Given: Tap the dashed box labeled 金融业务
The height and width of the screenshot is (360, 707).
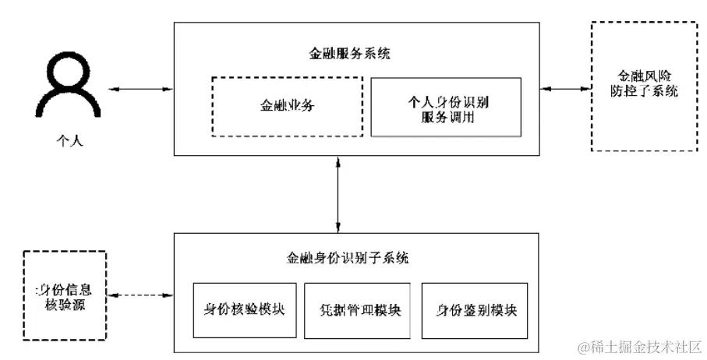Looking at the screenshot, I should tap(288, 107).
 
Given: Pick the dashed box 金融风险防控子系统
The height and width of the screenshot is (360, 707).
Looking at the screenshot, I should tap(644, 86).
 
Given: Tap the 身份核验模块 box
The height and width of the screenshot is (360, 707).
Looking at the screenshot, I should tap(244, 309).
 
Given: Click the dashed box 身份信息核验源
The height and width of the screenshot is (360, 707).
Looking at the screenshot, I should tap(65, 295).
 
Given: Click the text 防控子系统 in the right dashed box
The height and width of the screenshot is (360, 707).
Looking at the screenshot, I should tap(644, 91).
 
